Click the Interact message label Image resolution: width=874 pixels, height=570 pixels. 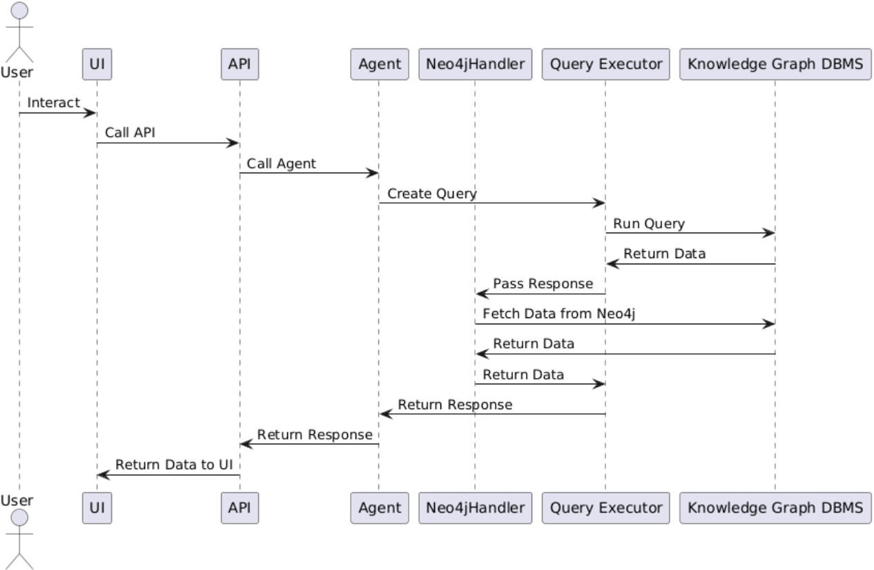53,102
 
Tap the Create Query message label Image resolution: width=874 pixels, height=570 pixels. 431,193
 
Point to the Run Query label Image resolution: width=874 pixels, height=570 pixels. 648,224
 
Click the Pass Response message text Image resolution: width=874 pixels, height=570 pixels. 543,284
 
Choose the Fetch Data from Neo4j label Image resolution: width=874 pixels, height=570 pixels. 559,313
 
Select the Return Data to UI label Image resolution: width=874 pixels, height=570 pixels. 174,464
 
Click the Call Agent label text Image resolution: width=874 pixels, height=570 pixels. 282,163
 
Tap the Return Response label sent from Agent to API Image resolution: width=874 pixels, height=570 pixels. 315,435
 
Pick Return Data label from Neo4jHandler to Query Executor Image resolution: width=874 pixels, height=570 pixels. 523,375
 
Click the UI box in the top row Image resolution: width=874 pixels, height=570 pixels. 97,64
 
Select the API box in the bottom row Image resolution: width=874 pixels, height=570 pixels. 240,508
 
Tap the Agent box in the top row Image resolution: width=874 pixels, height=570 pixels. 379,64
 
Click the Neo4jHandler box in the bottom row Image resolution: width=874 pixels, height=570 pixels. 475,508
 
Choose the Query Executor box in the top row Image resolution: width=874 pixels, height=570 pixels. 605,64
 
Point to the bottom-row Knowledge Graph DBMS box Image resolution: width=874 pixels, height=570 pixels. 775,508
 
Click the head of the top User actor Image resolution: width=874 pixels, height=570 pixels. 19,12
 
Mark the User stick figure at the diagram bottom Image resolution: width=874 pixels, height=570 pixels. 19,538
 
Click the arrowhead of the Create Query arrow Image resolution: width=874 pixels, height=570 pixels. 599,203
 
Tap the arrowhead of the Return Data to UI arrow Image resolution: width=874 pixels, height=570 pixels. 103,475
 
